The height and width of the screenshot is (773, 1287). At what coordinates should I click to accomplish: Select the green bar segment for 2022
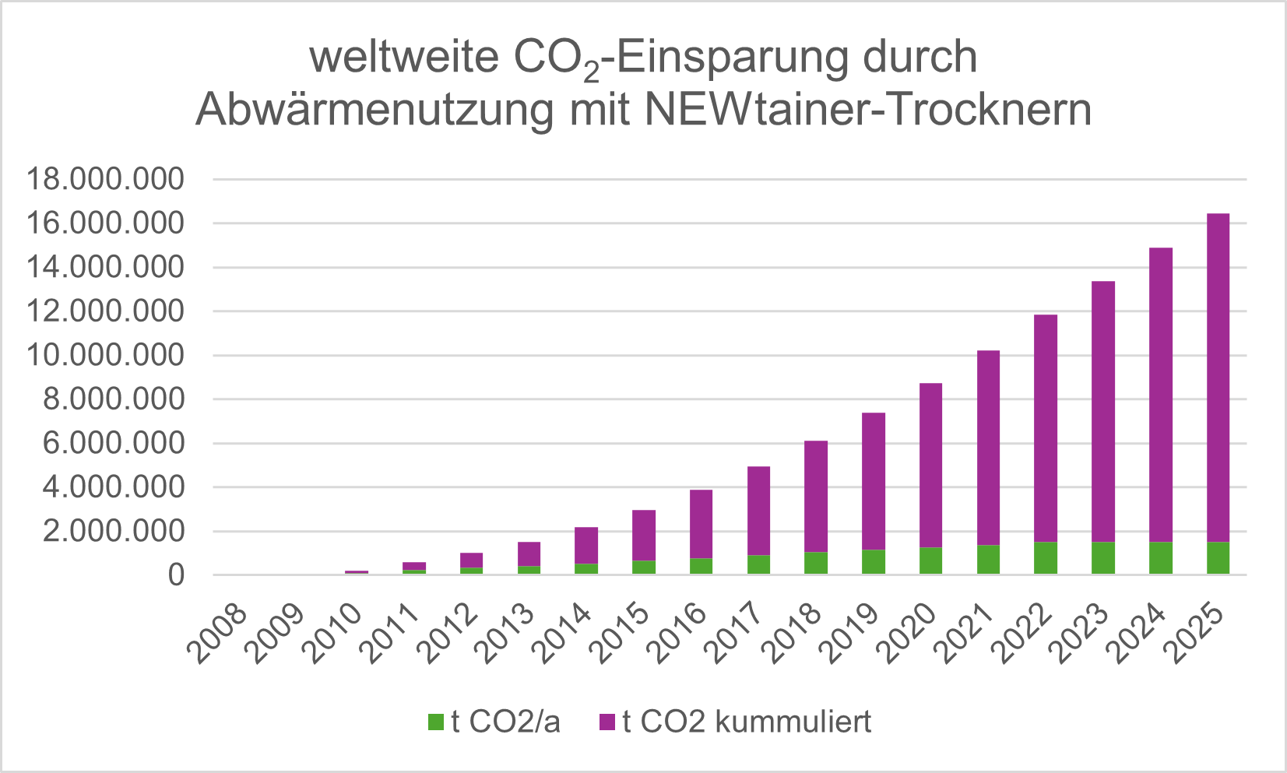point(1046,558)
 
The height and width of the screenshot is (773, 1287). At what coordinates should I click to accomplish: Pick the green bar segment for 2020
point(930,561)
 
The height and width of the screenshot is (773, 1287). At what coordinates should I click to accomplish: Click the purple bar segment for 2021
point(988,448)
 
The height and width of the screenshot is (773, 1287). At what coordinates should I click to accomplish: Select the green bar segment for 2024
point(1161,558)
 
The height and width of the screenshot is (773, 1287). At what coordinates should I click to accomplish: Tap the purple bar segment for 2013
point(529,554)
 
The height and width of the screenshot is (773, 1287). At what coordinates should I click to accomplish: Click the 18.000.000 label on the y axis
point(106,180)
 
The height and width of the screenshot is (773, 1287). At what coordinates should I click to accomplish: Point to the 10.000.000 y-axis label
point(106,356)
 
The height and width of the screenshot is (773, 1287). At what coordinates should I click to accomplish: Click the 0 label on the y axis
point(177,576)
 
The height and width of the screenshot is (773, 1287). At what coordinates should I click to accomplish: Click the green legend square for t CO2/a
point(436,722)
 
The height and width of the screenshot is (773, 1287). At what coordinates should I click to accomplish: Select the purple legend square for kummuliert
point(607,722)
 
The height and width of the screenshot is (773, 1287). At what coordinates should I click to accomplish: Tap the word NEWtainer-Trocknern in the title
point(867,110)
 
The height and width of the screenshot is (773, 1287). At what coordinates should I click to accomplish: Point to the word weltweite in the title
point(404,58)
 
